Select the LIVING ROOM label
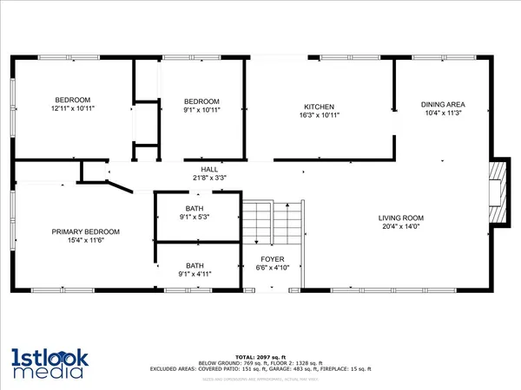(399, 218)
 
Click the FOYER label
(274, 259)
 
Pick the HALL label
(209, 170)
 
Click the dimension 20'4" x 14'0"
(399, 227)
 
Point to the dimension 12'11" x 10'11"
(73, 109)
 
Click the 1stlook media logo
(49, 362)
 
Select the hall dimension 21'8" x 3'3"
(209, 179)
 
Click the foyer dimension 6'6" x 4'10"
(274, 268)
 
